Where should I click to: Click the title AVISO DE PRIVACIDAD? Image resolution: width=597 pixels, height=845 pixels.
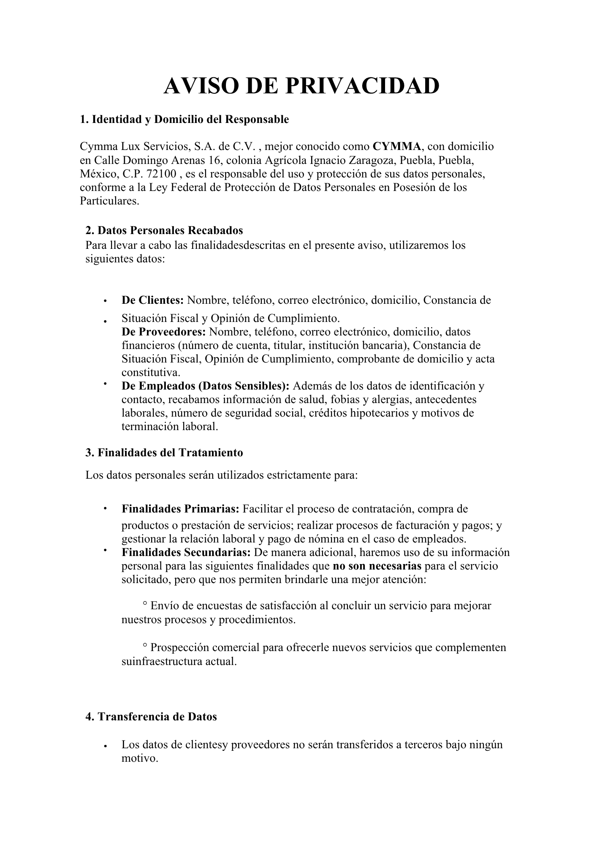pos(301,86)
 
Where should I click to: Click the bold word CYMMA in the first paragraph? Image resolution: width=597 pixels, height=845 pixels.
pos(396,147)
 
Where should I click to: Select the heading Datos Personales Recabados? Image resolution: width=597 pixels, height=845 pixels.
pos(164,230)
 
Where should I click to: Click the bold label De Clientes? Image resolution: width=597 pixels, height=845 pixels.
pos(152,300)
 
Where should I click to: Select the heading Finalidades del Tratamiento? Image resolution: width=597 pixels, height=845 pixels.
pos(164,452)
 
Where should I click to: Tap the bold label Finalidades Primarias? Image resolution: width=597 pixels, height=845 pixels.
pos(180,509)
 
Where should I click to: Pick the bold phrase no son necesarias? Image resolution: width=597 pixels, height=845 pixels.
pos(377,566)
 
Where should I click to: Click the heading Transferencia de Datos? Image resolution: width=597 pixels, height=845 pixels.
pos(151,717)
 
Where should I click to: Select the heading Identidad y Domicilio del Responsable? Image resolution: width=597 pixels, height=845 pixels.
pos(185,120)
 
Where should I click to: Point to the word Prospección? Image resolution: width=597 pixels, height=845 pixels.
pos(176,648)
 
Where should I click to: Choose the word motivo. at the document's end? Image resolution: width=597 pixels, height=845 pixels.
pos(139,758)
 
